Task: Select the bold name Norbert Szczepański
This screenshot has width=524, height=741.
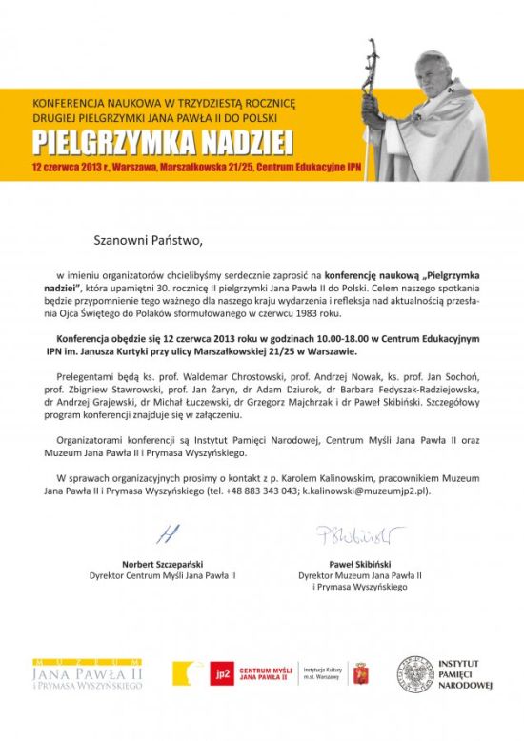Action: click(x=162, y=564)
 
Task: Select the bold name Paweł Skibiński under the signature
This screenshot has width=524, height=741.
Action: click(x=359, y=564)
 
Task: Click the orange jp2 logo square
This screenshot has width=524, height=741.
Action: click(x=221, y=674)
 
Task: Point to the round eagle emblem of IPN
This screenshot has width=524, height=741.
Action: click(x=415, y=674)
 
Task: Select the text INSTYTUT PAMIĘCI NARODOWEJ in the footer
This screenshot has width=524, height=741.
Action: click(x=465, y=674)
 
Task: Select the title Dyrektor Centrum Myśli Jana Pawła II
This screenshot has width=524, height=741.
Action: click(x=162, y=576)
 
